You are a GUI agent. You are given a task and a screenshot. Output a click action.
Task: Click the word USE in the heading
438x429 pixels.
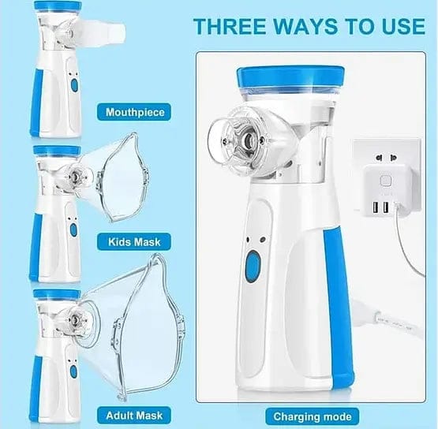coord(399,25)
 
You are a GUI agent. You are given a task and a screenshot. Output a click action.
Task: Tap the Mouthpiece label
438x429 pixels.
coord(136,112)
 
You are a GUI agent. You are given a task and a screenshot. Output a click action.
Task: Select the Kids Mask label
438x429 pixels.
coord(136,241)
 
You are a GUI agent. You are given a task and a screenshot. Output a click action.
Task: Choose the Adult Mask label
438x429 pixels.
coord(136,413)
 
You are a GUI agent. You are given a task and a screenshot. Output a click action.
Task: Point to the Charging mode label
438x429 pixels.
coord(311,416)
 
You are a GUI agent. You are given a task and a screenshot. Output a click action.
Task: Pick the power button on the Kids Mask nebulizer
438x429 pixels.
coord(73,228)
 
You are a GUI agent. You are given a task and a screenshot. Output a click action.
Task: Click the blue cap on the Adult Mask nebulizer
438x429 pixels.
coord(57,294)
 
